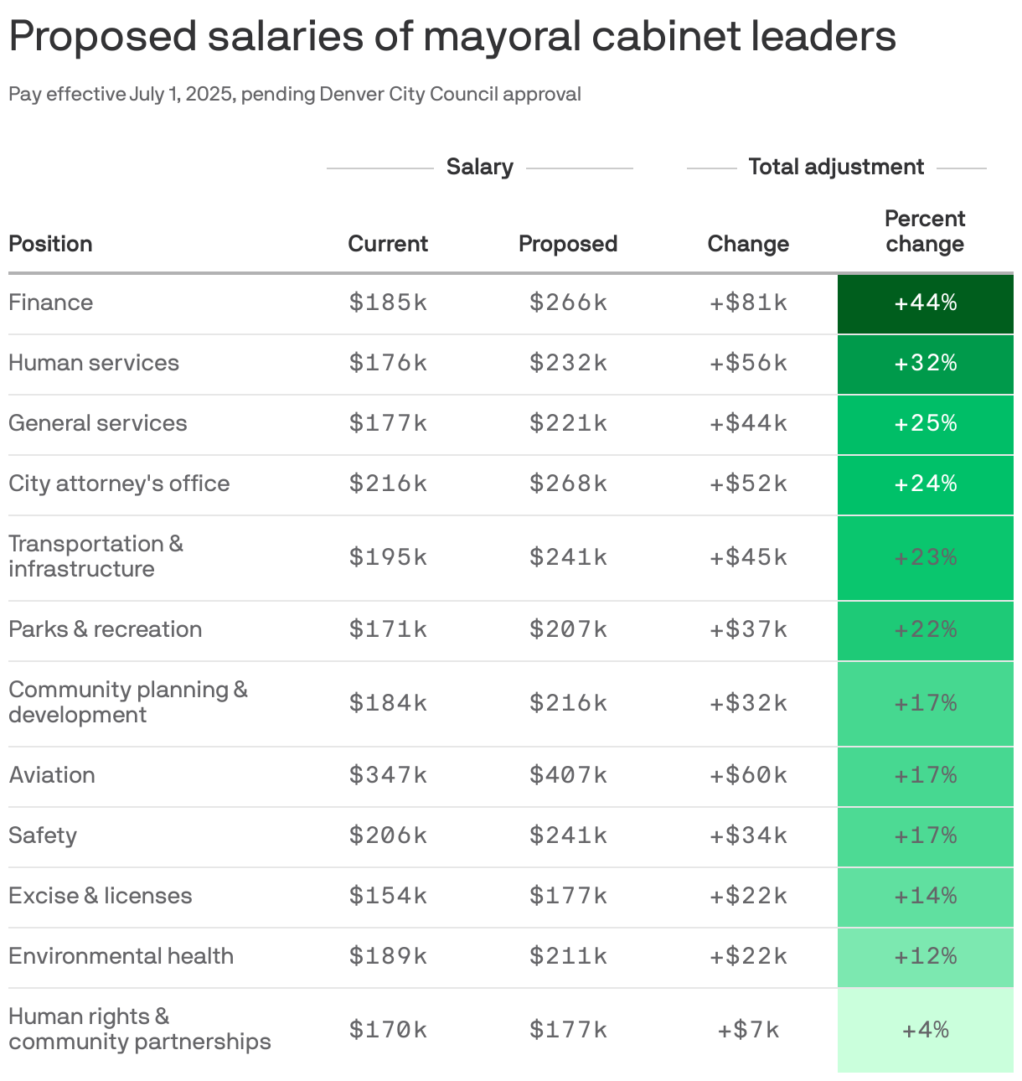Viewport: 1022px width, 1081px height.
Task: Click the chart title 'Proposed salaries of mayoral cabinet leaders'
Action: (x=452, y=37)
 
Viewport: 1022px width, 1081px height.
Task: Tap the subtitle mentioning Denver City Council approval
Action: (x=295, y=94)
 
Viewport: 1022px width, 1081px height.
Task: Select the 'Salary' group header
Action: (x=479, y=167)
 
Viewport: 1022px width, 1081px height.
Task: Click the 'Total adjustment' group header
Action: (x=836, y=167)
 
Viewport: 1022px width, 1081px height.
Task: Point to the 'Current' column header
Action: (x=388, y=244)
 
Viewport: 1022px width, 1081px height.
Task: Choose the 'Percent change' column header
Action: (x=925, y=231)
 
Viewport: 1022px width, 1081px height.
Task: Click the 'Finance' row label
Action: (x=51, y=303)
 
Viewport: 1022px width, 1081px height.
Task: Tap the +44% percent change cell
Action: (x=925, y=303)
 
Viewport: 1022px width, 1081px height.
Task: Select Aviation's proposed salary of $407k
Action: (x=568, y=775)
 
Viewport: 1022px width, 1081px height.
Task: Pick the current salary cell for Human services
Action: (x=388, y=363)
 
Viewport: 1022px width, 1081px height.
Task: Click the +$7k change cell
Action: (x=748, y=1030)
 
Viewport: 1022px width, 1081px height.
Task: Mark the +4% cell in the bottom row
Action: (x=925, y=1030)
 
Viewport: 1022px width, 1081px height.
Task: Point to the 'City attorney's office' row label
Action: (x=119, y=484)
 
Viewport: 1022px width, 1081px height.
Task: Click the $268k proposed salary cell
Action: (x=568, y=484)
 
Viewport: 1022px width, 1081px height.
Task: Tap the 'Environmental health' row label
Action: (x=121, y=956)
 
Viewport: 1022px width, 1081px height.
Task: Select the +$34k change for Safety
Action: (x=748, y=835)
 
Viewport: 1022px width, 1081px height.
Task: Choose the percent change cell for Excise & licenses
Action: (x=925, y=896)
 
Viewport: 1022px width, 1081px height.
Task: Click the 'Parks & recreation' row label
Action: (x=106, y=629)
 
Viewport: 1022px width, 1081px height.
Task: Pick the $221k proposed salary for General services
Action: (x=568, y=423)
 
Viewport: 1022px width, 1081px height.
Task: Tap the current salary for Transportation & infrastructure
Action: (x=388, y=557)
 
